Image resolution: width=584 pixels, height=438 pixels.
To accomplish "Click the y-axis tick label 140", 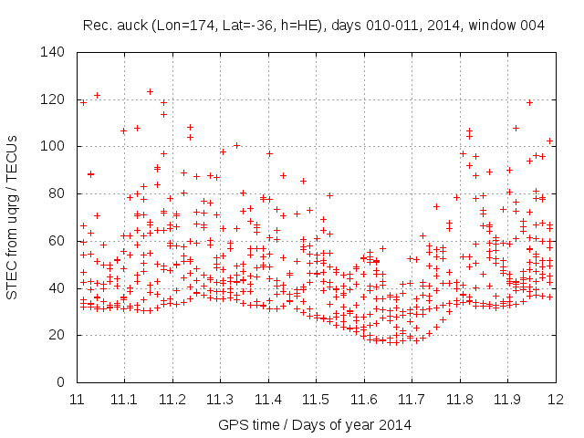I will coord(53,52).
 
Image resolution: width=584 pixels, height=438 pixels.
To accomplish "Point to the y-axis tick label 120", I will coord(53,99).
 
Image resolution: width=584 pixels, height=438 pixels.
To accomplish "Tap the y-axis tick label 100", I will coord(53,146).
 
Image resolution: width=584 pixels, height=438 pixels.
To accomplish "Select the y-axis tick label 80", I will coord(57,193).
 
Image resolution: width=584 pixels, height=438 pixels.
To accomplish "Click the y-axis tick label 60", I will coord(57,241).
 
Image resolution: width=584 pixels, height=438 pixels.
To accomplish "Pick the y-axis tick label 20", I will coord(57,335).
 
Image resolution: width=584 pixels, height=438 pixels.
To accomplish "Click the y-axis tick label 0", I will coord(60,382).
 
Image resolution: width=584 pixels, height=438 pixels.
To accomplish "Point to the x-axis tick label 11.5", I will coord(316,399).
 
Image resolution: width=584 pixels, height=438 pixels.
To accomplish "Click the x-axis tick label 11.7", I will coord(412,399).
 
